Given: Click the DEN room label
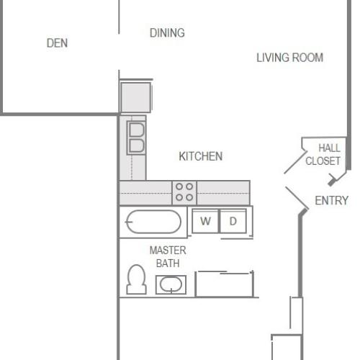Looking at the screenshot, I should coord(57,43).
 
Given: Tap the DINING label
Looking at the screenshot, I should coord(167,32).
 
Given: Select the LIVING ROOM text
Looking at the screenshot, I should coord(289,58).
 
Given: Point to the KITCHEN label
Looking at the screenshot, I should coord(200,156).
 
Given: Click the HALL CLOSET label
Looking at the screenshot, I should coord(323,155).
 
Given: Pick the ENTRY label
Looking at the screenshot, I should coord(331,201).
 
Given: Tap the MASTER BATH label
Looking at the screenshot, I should coord(168,257).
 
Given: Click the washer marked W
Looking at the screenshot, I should coord(205,221).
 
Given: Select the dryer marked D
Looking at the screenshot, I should coord(233,221).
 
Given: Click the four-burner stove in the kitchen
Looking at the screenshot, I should coord(184,192).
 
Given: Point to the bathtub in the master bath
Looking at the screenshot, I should coord(153,222).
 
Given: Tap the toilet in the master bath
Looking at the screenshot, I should coord(135,280).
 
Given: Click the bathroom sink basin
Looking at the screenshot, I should coord(171,286).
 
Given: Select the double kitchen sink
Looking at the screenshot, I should coord(136,137).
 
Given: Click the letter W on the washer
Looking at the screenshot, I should coord(205,221).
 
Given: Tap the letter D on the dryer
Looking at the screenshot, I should coord(233,221).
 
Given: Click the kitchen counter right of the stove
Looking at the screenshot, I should coord(223,192).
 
